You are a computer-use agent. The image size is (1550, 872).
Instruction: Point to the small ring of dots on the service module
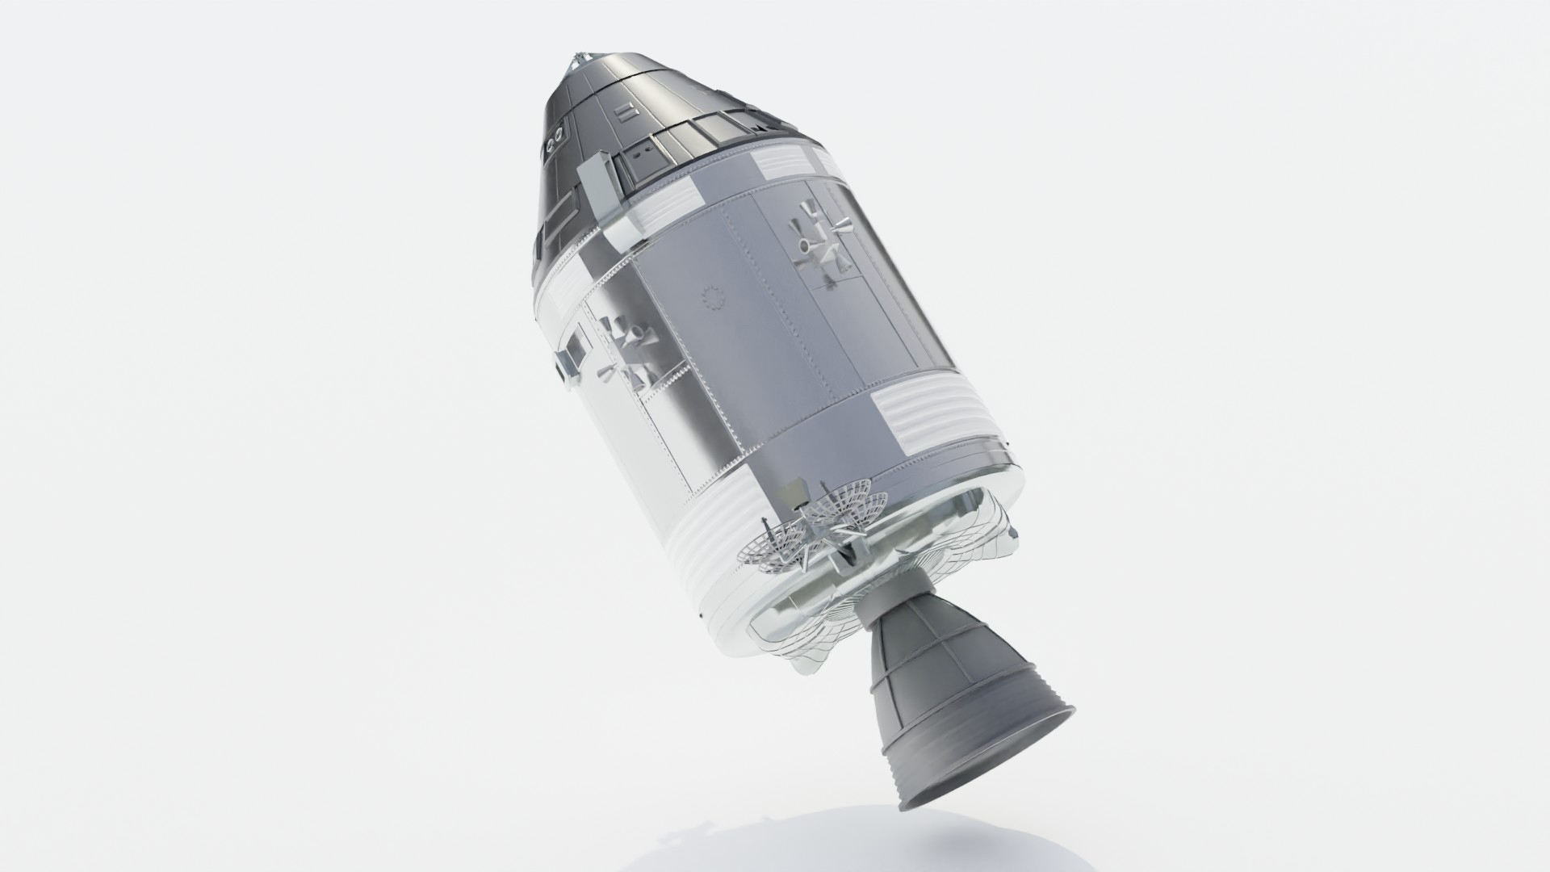(x=713, y=298)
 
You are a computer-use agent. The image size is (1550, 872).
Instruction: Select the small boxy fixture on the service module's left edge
(x=572, y=355)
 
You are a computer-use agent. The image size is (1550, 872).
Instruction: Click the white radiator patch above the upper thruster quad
(x=787, y=166)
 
